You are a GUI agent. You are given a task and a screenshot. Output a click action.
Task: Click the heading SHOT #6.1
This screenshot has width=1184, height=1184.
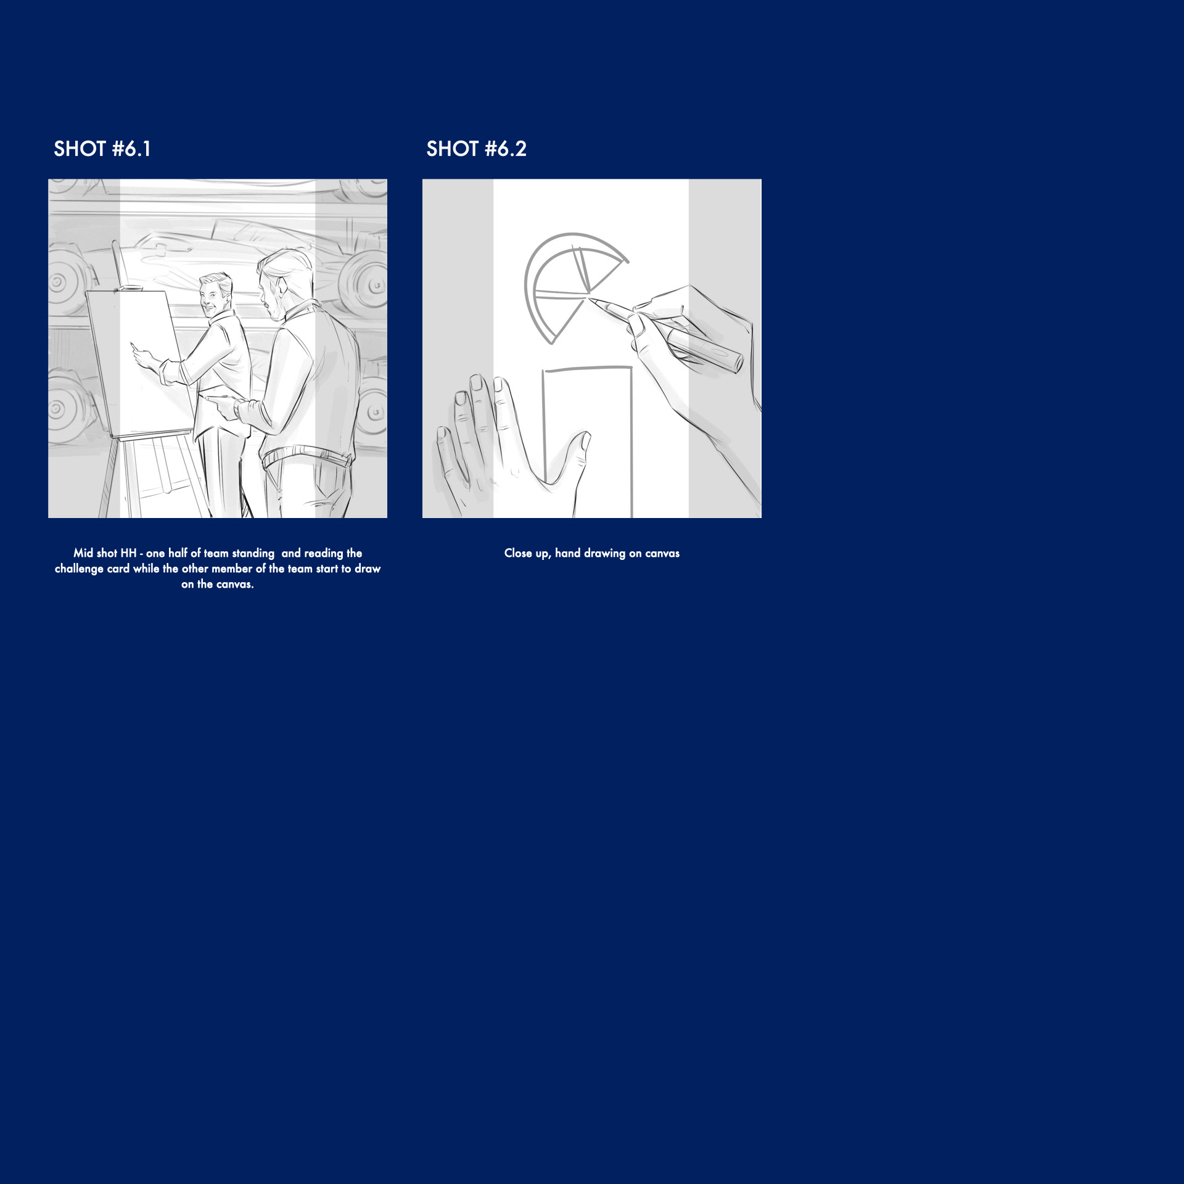(x=102, y=149)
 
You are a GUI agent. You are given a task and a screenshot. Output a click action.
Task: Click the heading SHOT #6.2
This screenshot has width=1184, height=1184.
(x=477, y=149)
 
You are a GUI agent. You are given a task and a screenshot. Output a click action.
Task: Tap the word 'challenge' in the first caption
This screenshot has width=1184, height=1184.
(x=79, y=569)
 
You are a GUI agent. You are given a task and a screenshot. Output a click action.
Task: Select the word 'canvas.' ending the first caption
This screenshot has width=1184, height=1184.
(x=234, y=584)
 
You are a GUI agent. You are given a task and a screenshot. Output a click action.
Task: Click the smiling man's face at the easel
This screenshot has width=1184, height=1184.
(x=213, y=297)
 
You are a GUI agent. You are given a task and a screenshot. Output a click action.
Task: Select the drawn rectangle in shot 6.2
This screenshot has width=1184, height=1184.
(x=588, y=442)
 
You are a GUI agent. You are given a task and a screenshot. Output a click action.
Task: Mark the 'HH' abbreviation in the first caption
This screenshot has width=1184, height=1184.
(x=128, y=553)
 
